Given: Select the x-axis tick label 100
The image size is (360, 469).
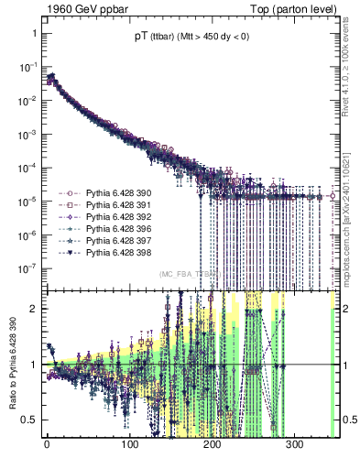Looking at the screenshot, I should coord(129,448).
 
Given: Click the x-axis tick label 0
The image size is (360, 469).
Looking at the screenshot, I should coord(47,448).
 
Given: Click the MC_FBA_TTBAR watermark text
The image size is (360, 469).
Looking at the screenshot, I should coord(191,274).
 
